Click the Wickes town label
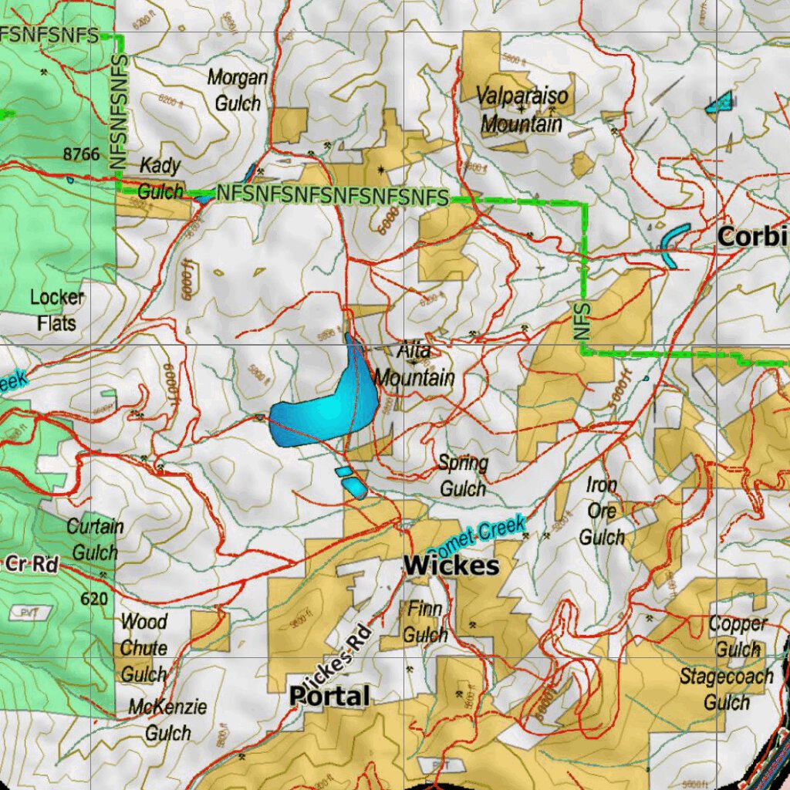(x=451, y=565)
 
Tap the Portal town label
(x=329, y=697)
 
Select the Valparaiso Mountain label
(x=522, y=110)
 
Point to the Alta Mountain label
(x=414, y=365)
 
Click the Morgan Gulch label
(x=238, y=89)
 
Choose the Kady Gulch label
(x=160, y=178)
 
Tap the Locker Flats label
(x=57, y=309)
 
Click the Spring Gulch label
(x=463, y=476)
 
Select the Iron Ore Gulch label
(x=602, y=511)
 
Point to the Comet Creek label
(x=477, y=538)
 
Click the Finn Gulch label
(x=425, y=623)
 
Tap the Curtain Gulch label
(x=95, y=539)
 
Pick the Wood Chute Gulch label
(x=143, y=647)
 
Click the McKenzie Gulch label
(x=167, y=719)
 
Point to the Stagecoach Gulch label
(x=726, y=689)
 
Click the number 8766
(x=82, y=154)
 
